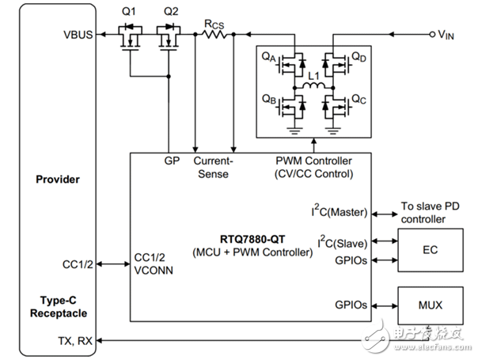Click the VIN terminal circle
pos(431,34)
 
